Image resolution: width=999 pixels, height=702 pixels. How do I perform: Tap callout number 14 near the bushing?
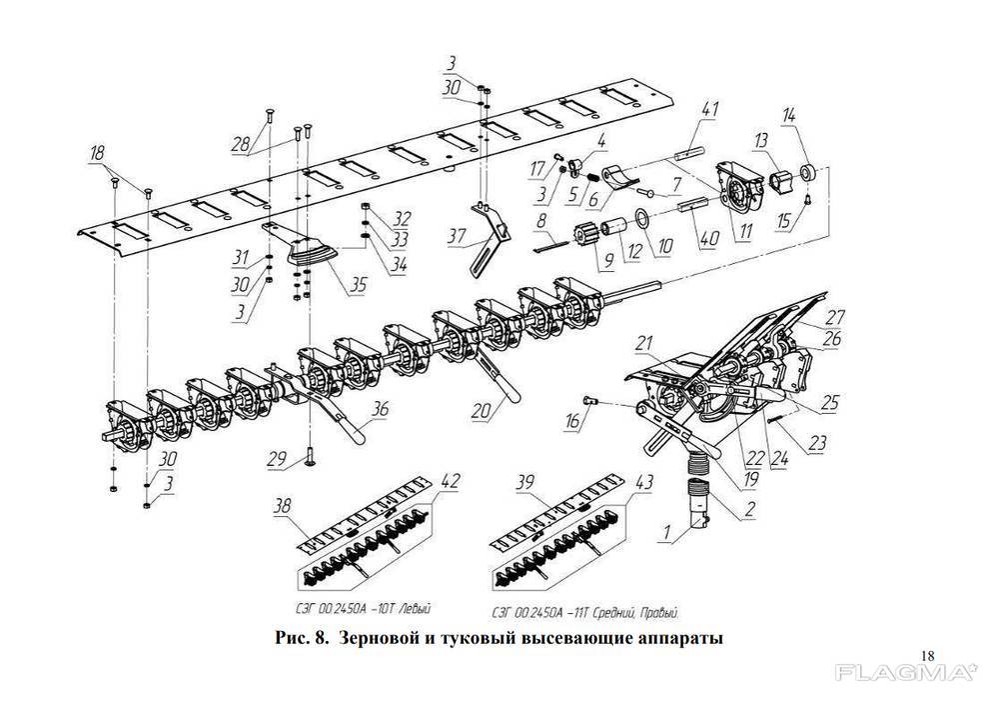[x=788, y=118]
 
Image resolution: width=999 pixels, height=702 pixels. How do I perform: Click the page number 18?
[x=925, y=655]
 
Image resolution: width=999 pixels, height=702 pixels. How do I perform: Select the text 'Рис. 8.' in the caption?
[x=301, y=638]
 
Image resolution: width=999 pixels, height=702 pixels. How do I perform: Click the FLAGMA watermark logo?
[x=906, y=673]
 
